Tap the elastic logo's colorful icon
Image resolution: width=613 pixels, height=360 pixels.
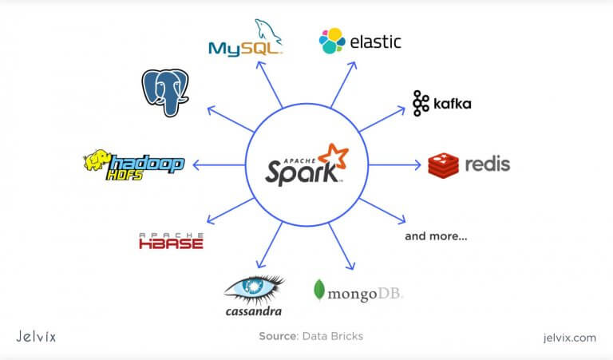332,41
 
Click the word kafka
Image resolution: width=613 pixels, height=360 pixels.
453,104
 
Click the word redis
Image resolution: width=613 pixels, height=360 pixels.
488,164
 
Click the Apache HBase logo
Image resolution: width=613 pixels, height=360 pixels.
171,240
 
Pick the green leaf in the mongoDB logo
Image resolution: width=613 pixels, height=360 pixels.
319,291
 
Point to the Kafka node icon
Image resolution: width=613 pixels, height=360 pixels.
421,104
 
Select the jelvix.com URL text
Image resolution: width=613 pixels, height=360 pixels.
565,337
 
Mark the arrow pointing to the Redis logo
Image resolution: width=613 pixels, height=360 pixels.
396,165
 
